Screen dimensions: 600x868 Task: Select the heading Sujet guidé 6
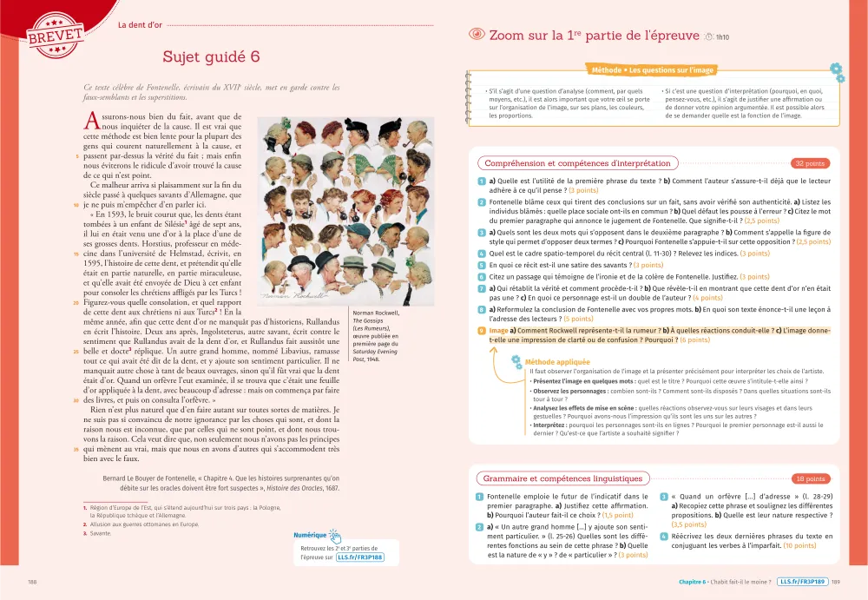(211, 56)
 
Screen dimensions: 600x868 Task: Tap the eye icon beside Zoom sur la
(476, 36)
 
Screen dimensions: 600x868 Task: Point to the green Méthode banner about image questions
(652, 69)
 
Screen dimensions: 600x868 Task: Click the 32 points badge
(809, 162)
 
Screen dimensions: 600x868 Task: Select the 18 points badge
(809, 478)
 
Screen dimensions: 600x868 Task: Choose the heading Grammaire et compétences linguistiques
(563, 478)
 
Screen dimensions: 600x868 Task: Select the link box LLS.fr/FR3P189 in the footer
(802, 582)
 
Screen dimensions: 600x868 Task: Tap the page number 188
(33, 582)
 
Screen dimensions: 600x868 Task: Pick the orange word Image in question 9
(498, 331)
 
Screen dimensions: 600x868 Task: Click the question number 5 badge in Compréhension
(481, 265)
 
